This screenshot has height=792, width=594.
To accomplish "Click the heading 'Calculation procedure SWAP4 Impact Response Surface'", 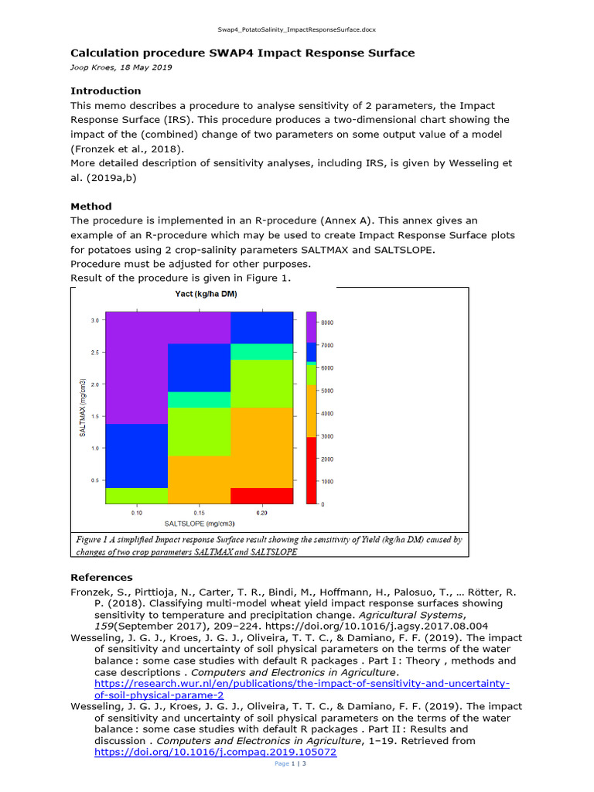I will pyautogui.click(x=242, y=53).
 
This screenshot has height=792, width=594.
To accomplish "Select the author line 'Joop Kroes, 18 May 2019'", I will pyautogui.click(x=121, y=67).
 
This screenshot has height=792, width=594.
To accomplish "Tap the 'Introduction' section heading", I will pyautogui.click(x=106, y=90).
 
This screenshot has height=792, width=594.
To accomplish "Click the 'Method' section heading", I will pyautogui.click(x=91, y=207).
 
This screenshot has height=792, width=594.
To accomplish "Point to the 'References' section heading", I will pyautogui.click(x=101, y=577).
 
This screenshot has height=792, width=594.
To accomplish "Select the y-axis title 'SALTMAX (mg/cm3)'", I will pyautogui.click(x=81, y=408).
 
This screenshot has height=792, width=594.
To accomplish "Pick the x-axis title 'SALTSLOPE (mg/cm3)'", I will pyautogui.click(x=199, y=524).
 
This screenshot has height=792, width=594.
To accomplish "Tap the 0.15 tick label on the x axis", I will pyautogui.click(x=199, y=513).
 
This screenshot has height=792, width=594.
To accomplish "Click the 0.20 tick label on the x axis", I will pyautogui.click(x=261, y=513).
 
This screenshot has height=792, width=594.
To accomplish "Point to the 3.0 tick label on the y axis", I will pyautogui.click(x=94, y=319).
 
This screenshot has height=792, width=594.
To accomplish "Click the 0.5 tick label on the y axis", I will pyautogui.click(x=94, y=480).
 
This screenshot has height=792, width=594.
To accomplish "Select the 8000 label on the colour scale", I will pyautogui.click(x=328, y=322).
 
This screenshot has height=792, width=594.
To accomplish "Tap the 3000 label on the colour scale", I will pyautogui.click(x=328, y=436).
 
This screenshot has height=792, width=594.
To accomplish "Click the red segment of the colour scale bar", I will pyautogui.click(x=311, y=469).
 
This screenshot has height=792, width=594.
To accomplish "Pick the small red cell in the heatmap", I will pyautogui.click(x=262, y=495).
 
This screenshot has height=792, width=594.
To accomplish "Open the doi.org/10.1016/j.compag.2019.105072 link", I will pyautogui.click(x=216, y=751).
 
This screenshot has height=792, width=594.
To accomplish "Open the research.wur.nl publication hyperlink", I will pyautogui.click(x=302, y=684).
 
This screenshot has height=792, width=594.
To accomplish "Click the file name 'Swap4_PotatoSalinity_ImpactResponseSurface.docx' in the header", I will pyautogui.click(x=296, y=29).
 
